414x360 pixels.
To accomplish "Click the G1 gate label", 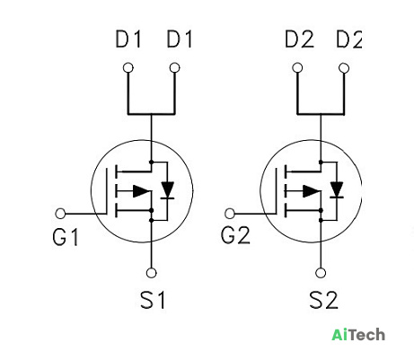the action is (66, 237).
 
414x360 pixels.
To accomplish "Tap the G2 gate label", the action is (235, 235).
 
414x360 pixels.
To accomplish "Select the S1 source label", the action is (153, 300).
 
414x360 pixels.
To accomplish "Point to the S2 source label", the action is (323, 300).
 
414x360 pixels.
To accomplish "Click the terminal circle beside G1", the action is (60, 214).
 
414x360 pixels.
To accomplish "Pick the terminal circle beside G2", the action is (230, 214).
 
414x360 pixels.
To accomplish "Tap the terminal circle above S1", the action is (151, 273).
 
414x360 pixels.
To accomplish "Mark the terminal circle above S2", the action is (321, 273).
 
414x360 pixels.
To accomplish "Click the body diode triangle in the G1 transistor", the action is (167, 189).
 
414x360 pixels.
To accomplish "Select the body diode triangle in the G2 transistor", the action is (337, 189).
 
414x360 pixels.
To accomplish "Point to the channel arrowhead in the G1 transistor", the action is (141, 191).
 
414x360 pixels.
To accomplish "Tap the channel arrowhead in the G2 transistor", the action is (311, 191).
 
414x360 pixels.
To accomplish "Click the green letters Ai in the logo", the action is (340, 335).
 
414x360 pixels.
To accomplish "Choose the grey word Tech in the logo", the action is (367, 335).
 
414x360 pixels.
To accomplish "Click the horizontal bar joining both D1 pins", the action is (151, 114).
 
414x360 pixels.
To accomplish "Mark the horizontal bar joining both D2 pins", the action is (321, 114).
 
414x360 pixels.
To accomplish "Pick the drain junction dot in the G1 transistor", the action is (151, 162).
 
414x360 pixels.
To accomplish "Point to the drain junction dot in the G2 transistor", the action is (321, 162).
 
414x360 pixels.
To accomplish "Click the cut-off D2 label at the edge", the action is (349, 40).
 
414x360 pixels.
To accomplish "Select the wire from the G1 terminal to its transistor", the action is (86, 214).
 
